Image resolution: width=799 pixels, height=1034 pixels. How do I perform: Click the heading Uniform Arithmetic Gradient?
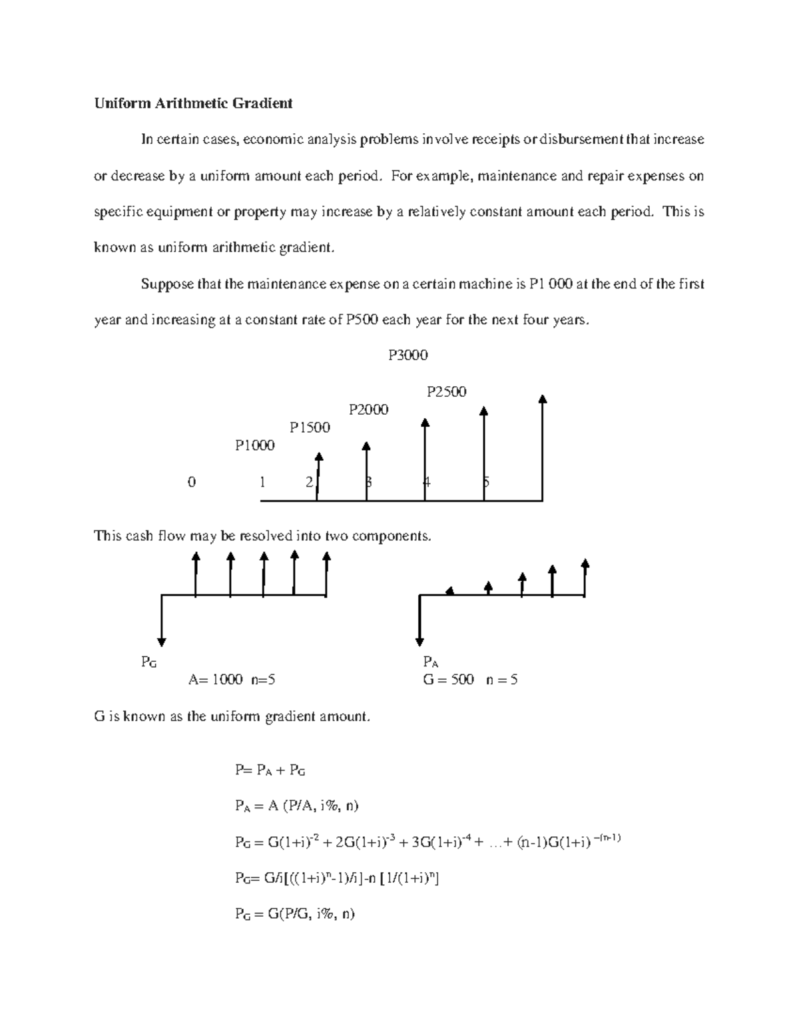(193, 103)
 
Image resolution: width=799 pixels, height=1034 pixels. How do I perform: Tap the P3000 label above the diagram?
(407, 356)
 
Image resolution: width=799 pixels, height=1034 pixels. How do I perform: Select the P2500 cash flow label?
(446, 391)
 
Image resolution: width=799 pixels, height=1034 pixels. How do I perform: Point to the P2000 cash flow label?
(368, 409)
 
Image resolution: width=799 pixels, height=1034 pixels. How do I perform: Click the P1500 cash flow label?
(310, 427)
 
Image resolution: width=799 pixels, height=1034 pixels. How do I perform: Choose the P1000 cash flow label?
(254, 445)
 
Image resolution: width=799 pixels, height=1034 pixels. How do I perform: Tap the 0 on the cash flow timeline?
(192, 482)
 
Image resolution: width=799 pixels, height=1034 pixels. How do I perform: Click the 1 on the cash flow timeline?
(263, 482)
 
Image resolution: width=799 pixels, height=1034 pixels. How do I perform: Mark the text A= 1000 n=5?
(232, 680)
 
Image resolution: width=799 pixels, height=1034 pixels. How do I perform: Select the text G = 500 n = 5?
(470, 680)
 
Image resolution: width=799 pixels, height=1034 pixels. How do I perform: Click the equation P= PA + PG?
(270, 770)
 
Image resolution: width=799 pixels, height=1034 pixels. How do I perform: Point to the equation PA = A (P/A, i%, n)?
(296, 806)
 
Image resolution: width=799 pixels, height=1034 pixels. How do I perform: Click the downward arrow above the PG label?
(162, 641)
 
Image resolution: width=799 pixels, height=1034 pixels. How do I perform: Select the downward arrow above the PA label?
(419, 641)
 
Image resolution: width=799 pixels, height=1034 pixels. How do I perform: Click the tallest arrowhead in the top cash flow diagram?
(543, 399)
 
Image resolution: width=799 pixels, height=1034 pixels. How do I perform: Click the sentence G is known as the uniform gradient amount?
(231, 717)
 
